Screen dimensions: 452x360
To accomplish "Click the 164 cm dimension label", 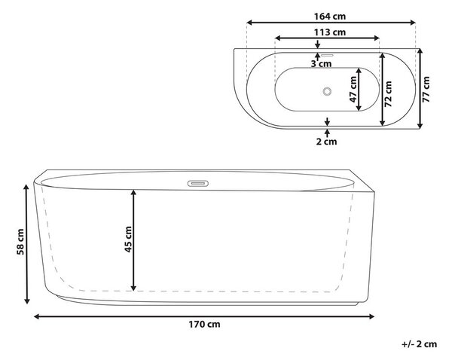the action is [330, 17].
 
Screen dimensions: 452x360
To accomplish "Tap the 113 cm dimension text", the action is [330, 32].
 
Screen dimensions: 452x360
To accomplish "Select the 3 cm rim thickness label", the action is [321, 64].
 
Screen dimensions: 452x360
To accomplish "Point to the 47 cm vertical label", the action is [353, 90].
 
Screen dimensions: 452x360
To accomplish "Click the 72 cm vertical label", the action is [388, 94].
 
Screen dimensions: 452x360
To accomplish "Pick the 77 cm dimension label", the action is [426, 90].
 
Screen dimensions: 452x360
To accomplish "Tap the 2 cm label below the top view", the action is [326, 142].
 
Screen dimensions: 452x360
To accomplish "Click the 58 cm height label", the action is [20, 242].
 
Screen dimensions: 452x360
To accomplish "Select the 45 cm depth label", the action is [128, 239].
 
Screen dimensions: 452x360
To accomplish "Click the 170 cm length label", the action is [204, 325].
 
